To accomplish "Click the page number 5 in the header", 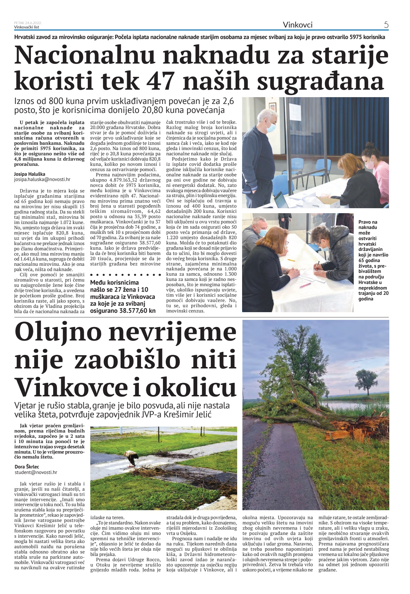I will pyautogui.click(x=386, y=25).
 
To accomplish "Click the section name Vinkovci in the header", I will pyautogui.click(x=297, y=25).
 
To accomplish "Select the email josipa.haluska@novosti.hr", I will pyautogui.click(x=42, y=179).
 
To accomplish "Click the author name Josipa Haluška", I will pyautogui.click(x=29, y=174).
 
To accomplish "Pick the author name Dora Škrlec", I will pyautogui.click(x=27, y=467).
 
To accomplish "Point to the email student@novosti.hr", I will pyautogui.click(x=36, y=472).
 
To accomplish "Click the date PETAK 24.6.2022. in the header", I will pyautogui.click(x=28, y=23).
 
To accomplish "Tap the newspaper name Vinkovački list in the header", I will pyautogui.click(x=27, y=27).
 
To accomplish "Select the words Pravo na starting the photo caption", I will pyautogui.click(x=368, y=222).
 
